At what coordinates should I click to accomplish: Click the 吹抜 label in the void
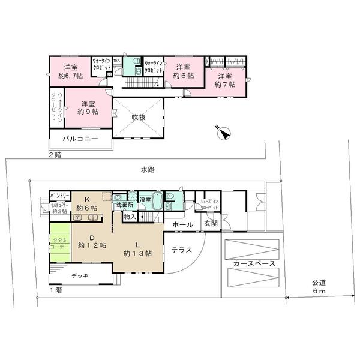click(x=139, y=117)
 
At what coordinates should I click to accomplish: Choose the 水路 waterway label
click(x=148, y=170)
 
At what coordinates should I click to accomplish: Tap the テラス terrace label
click(x=181, y=249)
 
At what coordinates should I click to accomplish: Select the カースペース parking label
click(x=251, y=263)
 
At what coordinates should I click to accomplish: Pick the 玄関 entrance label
click(x=211, y=224)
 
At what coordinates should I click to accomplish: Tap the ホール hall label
click(x=182, y=224)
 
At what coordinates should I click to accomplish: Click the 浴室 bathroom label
click(x=145, y=199)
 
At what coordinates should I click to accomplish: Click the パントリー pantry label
click(x=59, y=196)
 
